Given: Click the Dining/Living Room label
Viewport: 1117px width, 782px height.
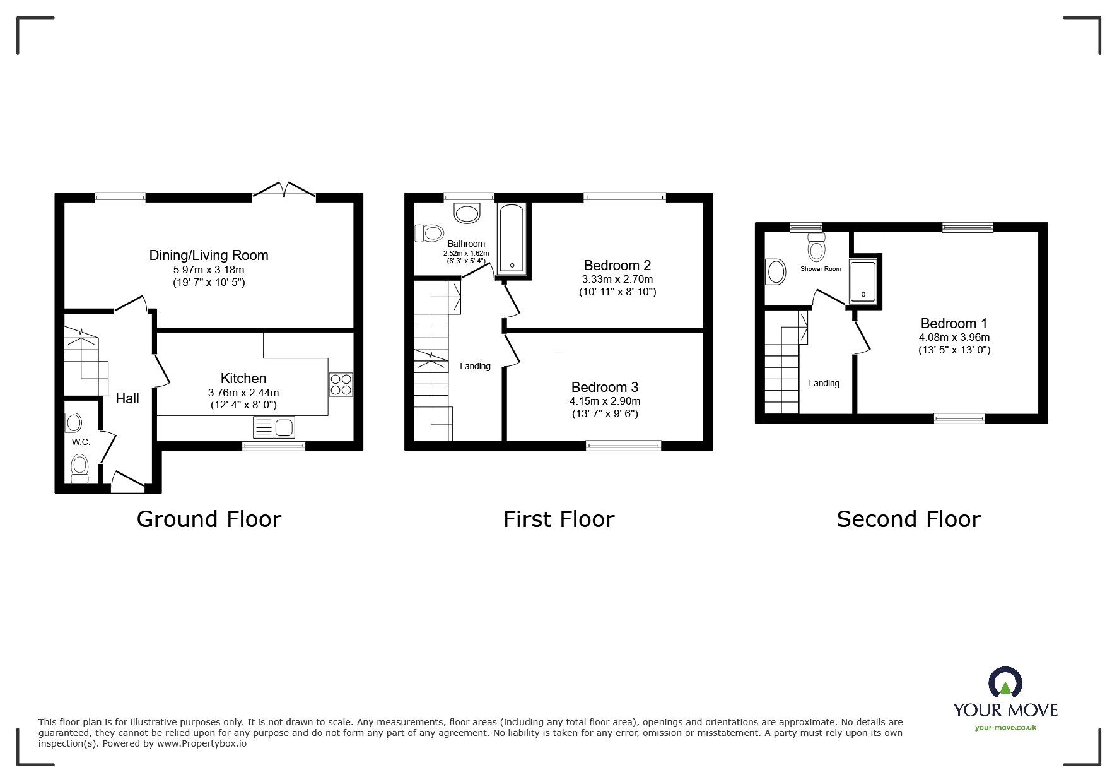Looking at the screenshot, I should pos(209,255).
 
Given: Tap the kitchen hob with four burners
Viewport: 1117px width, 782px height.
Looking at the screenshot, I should pos(341,384).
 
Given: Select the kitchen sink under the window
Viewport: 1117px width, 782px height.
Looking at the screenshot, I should pos(273,427).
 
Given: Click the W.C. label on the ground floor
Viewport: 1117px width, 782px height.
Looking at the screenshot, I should pos(81,442).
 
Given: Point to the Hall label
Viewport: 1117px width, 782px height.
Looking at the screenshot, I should pos(127,398).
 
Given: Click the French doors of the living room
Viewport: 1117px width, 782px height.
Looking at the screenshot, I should pos(284,189).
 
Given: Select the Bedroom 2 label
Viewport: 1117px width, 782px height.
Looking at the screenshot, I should pos(617,265).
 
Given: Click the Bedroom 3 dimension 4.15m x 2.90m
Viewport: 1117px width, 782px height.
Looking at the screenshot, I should pos(604,401).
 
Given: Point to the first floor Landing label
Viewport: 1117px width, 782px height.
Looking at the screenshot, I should pos(474,366).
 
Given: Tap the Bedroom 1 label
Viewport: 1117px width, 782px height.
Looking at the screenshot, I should pos(953,324).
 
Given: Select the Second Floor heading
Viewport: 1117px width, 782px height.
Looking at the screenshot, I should pos(908,519).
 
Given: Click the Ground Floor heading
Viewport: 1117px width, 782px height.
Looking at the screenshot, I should pos(209,519).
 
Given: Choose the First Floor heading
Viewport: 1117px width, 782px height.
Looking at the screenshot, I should pos(558,519).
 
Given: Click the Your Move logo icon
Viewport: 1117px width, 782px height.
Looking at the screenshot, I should pos(1005,682).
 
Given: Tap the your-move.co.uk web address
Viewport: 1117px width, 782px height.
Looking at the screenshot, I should pos(1005,728).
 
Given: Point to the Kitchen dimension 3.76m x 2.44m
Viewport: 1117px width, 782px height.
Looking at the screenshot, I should pos(243,392).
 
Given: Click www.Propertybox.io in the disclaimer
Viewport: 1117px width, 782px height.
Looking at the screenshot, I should pos(201,743).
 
